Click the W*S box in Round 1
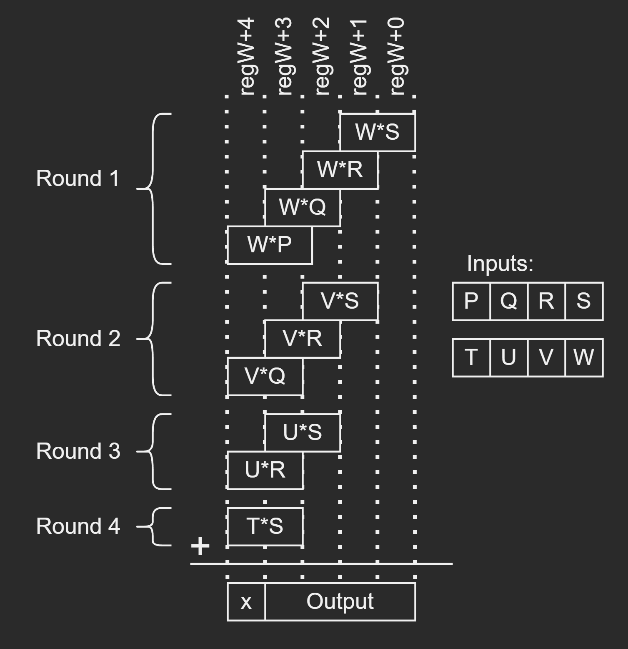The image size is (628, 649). point(378,132)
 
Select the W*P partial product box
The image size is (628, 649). point(270,245)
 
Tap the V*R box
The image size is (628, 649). point(303,339)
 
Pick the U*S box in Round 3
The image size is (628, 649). point(303,433)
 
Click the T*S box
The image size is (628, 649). point(265,526)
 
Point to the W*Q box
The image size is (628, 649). point(303,207)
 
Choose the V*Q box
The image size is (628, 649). point(265,376)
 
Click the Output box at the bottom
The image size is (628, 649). point(340,601)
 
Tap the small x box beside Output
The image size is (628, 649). point(246,601)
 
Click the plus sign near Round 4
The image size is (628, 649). point(200,546)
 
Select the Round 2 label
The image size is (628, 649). point(78,338)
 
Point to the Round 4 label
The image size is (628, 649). point(78,526)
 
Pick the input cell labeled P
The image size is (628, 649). point(471,301)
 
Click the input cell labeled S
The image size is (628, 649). point(584,301)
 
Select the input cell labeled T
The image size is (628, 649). point(471,357)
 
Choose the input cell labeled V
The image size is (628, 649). point(546,357)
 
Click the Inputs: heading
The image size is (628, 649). point(500,264)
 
